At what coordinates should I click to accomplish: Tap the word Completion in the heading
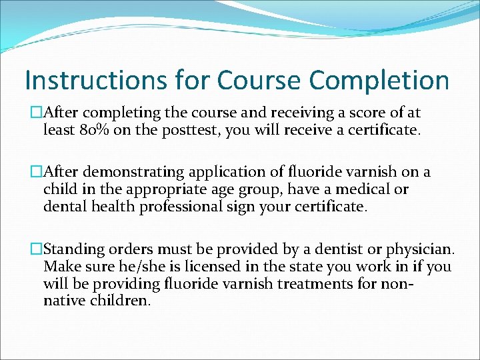pyautogui.click(x=379, y=81)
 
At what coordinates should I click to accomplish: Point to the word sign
pyautogui.click(x=253, y=207)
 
